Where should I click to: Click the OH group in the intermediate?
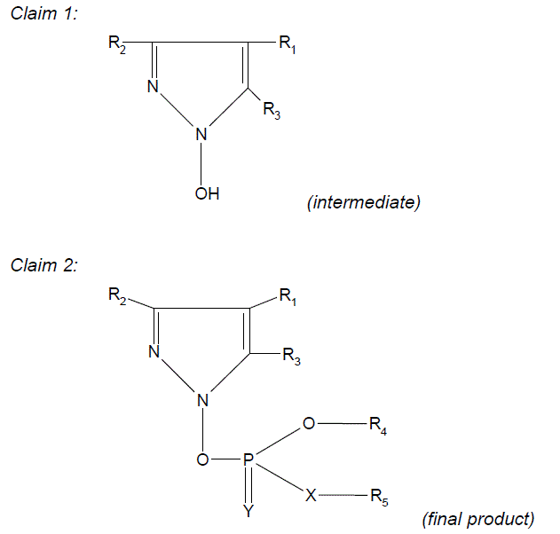click(x=207, y=192)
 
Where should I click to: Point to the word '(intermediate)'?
click(x=363, y=202)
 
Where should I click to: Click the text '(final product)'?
click(x=478, y=517)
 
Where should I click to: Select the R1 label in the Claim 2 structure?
click(x=288, y=297)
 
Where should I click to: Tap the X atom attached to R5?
click(x=311, y=496)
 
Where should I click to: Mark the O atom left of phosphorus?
click(x=204, y=459)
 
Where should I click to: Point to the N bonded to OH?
click(x=201, y=136)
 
